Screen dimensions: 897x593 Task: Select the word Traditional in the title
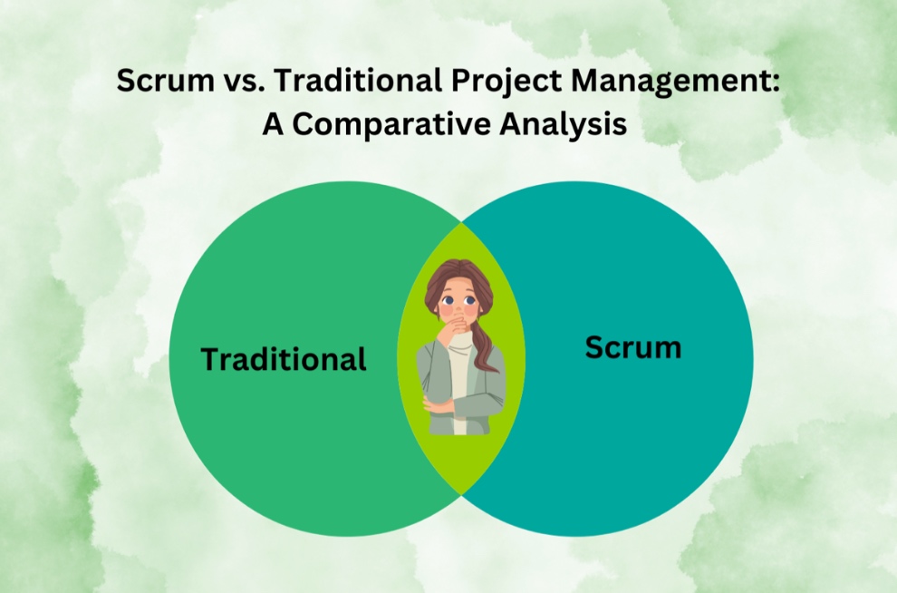click(x=358, y=80)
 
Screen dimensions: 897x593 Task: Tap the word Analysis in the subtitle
click(x=563, y=124)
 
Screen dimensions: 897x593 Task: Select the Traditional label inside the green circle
click(x=284, y=359)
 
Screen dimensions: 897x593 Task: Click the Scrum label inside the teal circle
click(x=633, y=347)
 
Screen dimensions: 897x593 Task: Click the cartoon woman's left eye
click(x=447, y=300)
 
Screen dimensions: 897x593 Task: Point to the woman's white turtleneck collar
click(x=461, y=340)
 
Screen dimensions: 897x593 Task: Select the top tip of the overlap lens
click(x=461, y=223)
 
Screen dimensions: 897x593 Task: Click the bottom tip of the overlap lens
click(x=461, y=494)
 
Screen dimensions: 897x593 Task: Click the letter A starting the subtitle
click(x=274, y=124)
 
